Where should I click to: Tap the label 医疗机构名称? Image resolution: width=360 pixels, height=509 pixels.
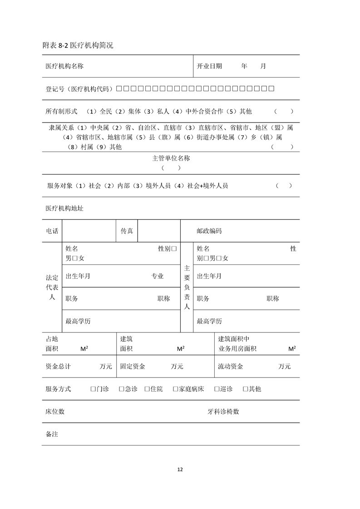[64, 66]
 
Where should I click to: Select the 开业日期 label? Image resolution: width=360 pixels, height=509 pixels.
[209, 66]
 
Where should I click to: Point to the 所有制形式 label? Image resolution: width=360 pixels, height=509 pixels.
[61, 111]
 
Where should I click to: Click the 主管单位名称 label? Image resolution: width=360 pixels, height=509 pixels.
[171, 158]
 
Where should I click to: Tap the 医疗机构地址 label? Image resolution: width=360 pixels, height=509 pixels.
[64, 208]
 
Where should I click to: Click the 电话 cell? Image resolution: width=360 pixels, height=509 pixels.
[52, 231]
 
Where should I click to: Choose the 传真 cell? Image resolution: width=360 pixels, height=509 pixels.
[127, 231]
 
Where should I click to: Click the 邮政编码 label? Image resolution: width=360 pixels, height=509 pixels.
[209, 231]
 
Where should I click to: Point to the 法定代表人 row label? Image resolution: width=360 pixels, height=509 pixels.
[52, 287]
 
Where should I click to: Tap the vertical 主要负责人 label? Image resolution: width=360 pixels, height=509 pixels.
[187, 287]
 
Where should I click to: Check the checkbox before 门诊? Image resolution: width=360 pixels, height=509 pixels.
[93, 389]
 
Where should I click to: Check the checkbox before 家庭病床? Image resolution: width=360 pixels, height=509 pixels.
[175, 389]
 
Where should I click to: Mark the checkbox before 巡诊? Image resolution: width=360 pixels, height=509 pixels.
[217, 389]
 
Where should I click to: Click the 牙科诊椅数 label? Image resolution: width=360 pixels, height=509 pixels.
[223, 411]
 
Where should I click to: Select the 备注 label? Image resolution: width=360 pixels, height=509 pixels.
[52, 434]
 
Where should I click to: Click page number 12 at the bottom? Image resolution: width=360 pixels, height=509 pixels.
[180, 470]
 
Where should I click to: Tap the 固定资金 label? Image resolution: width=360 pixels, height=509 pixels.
[133, 367]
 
